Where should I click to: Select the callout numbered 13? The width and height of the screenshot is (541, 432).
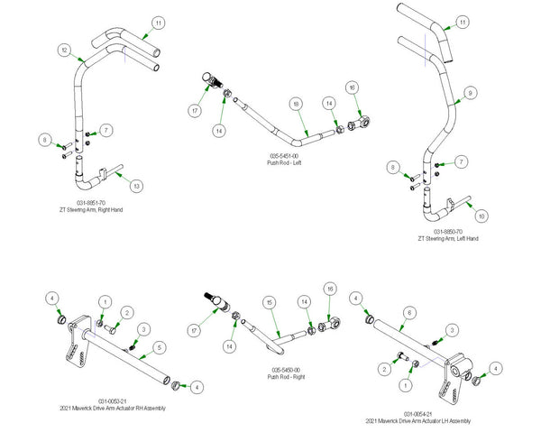tap(136, 186)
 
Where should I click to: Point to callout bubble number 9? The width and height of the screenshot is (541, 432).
tap(469, 92)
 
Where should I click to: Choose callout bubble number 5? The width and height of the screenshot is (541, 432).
tap(159, 346)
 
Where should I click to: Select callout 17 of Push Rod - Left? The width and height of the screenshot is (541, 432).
tap(196, 111)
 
